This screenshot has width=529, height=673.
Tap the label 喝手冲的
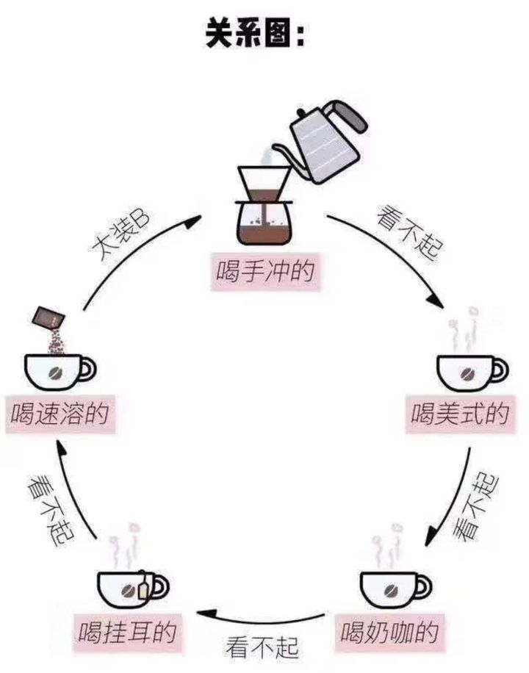[x=265, y=272]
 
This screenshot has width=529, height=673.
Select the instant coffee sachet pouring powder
[x=48, y=320]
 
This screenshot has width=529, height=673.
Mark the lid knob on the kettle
[x=300, y=114]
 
